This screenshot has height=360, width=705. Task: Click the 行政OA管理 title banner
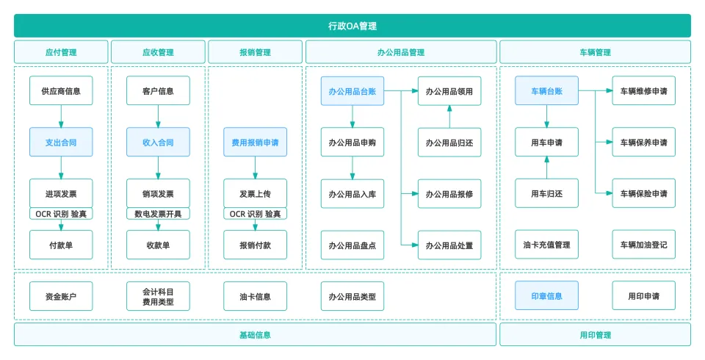pyautogui.click(x=352, y=26)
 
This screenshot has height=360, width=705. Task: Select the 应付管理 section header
pyautogui.click(x=61, y=52)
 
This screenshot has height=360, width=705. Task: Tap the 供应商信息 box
pyautogui.click(x=61, y=91)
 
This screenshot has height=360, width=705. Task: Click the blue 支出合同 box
pyautogui.click(x=61, y=142)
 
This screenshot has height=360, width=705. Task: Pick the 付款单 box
pyautogui.click(x=61, y=245)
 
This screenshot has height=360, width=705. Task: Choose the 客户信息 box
pyautogui.click(x=158, y=91)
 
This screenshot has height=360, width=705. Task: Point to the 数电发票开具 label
pyautogui.click(x=158, y=214)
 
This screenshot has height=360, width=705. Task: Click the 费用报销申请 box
pyautogui.click(x=255, y=142)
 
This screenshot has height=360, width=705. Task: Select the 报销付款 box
pyautogui.click(x=255, y=245)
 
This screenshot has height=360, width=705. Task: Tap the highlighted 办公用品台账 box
pyautogui.click(x=352, y=91)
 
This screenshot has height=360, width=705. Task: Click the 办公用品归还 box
pyautogui.click(x=449, y=142)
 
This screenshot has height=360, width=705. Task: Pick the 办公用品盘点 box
pyautogui.click(x=352, y=245)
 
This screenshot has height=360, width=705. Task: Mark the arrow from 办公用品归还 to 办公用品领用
pyautogui.click(x=449, y=116)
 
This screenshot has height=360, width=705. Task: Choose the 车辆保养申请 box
pyautogui.click(x=643, y=142)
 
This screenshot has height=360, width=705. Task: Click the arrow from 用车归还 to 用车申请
pyautogui.click(x=546, y=168)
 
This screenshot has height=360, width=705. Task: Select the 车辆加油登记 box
pyautogui.click(x=643, y=245)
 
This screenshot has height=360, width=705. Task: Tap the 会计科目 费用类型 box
pyautogui.click(x=158, y=296)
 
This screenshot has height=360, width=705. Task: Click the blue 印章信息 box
pyautogui.click(x=546, y=296)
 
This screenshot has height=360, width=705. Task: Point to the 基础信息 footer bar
pyautogui.click(x=255, y=335)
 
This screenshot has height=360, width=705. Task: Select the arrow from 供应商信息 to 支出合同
pyautogui.click(x=61, y=116)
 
